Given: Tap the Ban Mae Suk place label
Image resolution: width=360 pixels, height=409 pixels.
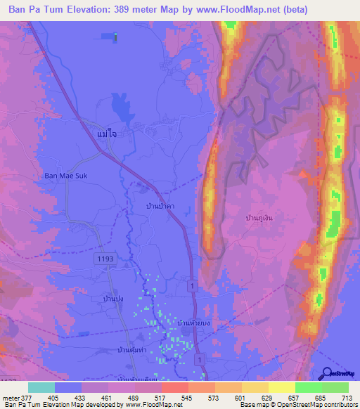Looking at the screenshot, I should click(65, 176).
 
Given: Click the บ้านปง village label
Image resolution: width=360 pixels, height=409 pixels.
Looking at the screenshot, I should click(113, 299).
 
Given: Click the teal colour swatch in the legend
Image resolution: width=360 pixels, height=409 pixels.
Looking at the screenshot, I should click(41, 387).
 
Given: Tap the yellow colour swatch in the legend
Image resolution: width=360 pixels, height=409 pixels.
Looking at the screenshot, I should click(282, 387).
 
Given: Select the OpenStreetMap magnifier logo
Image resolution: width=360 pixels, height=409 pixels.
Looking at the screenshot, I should click(327, 373).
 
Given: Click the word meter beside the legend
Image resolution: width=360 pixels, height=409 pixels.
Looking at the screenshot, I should click(10, 398).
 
